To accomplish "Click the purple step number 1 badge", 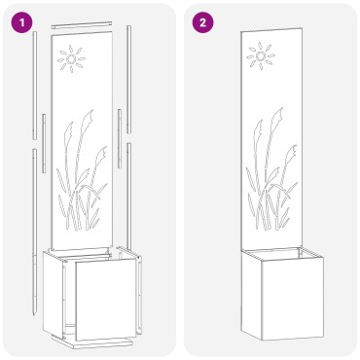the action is (21, 22).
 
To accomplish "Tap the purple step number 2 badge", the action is (202, 22).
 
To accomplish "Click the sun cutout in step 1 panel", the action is (71, 59).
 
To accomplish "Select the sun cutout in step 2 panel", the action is (261, 56).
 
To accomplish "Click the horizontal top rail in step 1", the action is (82, 24).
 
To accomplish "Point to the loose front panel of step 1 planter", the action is (106, 299).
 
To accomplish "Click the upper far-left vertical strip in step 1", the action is (35, 86).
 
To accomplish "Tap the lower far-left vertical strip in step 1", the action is (34, 232).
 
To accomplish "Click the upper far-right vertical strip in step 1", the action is (128, 79).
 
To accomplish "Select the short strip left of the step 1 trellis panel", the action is (44, 143).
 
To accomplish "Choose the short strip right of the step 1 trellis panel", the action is (120, 138).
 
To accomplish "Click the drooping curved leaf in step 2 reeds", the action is (281, 189).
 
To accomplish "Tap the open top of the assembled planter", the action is (282, 253).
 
